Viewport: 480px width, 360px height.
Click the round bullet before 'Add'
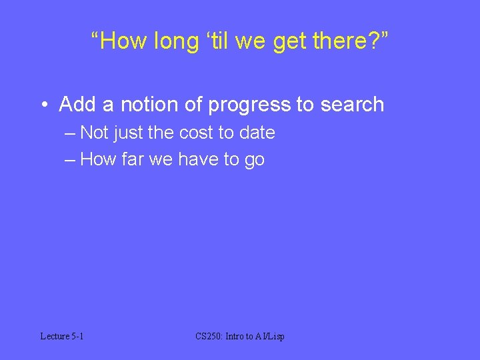pos(43,105)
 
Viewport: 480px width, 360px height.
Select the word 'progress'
pos(249,105)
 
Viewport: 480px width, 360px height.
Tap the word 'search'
pos(353,104)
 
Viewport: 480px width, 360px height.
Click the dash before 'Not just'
pos(71,133)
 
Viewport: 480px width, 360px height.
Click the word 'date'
pos(257,133)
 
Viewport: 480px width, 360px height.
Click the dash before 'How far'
pos(71,159)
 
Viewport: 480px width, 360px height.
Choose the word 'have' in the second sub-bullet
pos(199,159)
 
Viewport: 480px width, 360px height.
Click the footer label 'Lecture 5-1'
pos(62,337)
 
